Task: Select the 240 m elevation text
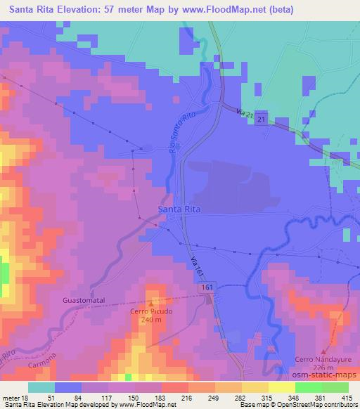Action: coord(150,318)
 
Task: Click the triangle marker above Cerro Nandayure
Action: coord(323,352)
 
